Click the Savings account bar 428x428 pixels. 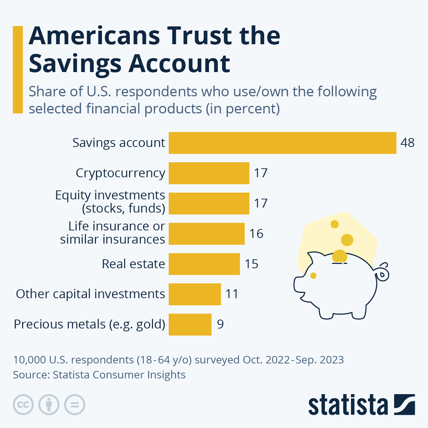pos(282,143)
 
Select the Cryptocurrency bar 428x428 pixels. pos(209,173)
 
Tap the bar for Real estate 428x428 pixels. pos(204,264)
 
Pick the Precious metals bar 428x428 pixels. pos(190,325)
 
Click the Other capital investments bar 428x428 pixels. pos(195,294)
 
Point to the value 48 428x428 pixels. pos(407,143)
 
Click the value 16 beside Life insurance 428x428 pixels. pos(256,234)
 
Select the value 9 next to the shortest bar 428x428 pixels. pos(220,324)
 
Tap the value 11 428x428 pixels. pos(232,294)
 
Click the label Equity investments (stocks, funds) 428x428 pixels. pos(110,202)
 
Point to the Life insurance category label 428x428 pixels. pos(112,233)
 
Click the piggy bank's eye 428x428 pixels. pos(313,276)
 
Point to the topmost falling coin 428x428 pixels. pos(335,224)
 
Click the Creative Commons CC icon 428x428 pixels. pos(23,405)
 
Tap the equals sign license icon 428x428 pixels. pos(75,405)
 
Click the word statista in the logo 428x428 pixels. pos(348,405)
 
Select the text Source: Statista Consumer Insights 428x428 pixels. pos(99,375)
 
